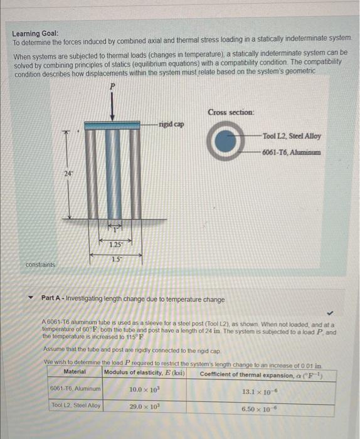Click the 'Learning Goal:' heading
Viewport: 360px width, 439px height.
[36, 33]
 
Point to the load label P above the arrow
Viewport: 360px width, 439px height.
[112, 86]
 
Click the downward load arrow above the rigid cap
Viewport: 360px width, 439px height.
[112, 107]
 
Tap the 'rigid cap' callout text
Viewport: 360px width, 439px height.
[171, 124]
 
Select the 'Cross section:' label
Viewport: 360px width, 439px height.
[231, 112]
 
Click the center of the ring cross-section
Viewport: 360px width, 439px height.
[227, 143]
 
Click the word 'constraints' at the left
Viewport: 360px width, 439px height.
[40, 265]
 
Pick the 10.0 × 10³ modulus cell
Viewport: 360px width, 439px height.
[144, 389]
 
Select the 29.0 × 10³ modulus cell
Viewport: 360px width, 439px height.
[144, 407]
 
